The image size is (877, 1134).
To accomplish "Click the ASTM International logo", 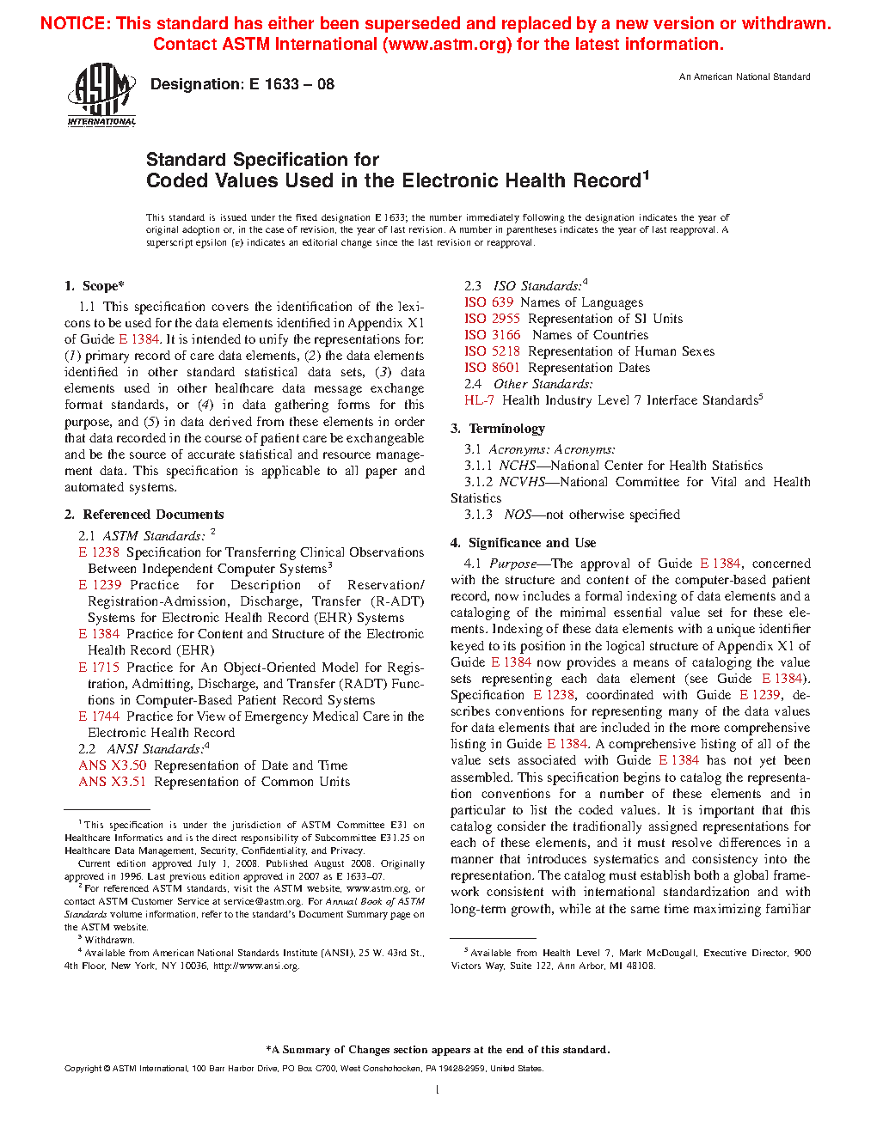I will point(101,94).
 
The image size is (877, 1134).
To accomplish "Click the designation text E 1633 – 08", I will point(242,84).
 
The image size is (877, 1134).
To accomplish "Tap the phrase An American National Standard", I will point(745,77).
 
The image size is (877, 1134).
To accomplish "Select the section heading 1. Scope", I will point(95,286).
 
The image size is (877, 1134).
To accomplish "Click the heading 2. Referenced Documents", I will point(144,515).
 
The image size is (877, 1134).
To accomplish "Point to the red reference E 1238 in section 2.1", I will point(99,552).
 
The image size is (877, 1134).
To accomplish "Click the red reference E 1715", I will point(99,668).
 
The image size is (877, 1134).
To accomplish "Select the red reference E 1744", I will point(99,716).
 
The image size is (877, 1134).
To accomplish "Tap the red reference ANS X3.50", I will point(113,765).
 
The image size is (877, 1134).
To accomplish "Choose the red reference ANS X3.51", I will point(113,782).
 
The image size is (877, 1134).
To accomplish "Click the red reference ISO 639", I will point(488,302).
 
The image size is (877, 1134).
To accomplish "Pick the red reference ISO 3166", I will point(492,335).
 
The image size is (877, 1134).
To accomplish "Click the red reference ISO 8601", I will point(492,368).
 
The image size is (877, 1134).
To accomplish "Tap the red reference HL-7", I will point(479,400).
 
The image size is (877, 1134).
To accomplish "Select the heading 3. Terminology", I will point(498,429).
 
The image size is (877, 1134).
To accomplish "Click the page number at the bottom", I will point(438,1090).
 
